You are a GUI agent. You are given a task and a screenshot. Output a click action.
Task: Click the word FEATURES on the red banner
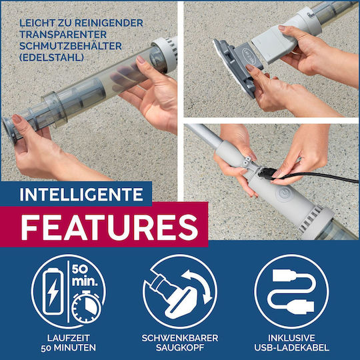[109, 227]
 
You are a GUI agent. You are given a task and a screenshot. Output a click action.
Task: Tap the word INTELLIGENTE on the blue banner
[81, 195]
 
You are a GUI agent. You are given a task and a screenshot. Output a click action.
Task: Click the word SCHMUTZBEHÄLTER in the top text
[70, 46]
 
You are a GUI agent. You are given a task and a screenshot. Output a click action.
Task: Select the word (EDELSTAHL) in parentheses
[51, 57]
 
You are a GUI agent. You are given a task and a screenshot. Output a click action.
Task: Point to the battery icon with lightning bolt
[53, 291]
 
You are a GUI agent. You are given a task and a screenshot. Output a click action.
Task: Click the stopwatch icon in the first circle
[86, 307]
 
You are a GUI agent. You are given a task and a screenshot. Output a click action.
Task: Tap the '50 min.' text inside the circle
[84, 275]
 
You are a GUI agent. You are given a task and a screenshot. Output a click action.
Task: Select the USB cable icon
[291, 291]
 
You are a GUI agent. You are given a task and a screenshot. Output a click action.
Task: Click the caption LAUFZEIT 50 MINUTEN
[68, 343]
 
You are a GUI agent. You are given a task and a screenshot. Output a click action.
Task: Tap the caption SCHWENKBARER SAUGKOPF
[180, 343]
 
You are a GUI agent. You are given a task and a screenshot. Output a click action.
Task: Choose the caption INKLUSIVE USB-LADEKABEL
[291, 343]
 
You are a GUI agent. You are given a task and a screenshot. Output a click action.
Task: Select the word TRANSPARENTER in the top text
[63, 35]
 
